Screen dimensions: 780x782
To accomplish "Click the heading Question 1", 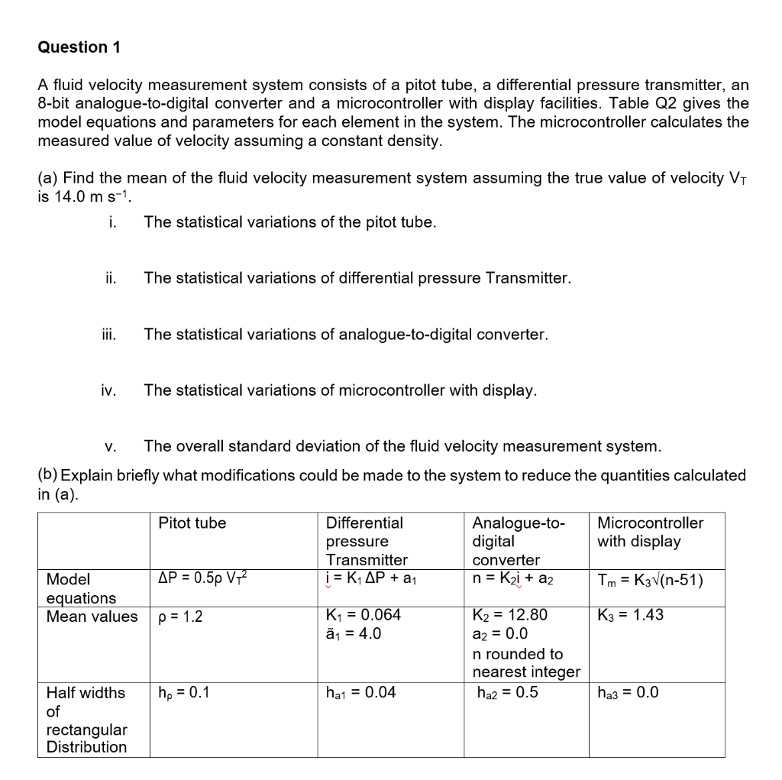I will (x=79, y=47).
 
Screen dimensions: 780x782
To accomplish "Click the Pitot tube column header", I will (x=192, y=523).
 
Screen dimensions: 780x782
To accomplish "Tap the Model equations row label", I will (x=81, y=588).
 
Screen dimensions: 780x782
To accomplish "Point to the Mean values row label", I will (x=92, y=617).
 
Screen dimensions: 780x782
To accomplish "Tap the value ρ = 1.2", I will (x=180, y=617).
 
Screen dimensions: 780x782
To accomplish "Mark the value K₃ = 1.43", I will (x=630, y=616).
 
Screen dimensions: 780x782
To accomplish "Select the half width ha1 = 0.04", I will (x=360, y=694).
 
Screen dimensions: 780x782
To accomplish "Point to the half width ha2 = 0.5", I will (x=507, y=694).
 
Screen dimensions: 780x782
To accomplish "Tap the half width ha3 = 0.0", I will (x=628, y=694).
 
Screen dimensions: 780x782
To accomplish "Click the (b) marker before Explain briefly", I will (x=47, y=475).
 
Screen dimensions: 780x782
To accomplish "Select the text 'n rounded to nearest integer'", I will (x=526, y=663).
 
